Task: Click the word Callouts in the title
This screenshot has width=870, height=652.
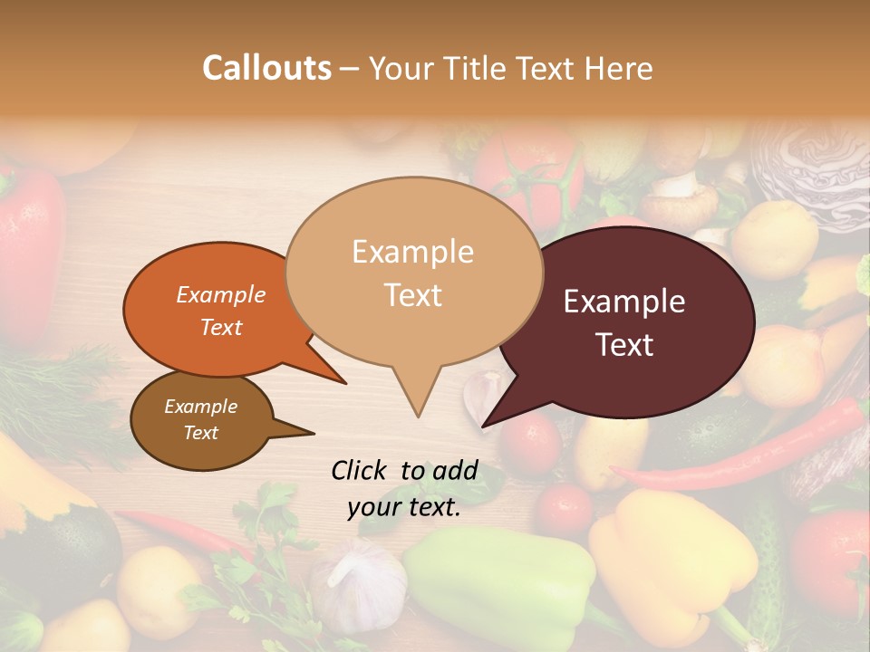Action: click(x=266, y=69)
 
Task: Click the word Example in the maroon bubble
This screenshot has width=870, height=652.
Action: click(x=624, y=302)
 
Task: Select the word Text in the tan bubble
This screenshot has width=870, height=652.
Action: click(x=413, y=295)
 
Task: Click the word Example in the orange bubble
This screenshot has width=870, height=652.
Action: click(x=221, y=295)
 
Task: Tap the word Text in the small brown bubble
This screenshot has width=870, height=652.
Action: click(x=201, y=433)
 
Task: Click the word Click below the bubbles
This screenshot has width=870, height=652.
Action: click(x=360, y=470)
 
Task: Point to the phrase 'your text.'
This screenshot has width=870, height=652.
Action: click(x=404, y=508)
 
